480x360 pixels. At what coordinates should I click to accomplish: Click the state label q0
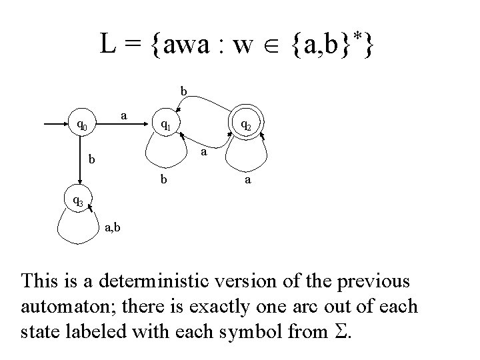(81, 124)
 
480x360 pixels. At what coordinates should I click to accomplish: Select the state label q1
(165, 124)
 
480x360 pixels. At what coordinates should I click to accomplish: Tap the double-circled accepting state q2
(245, 124)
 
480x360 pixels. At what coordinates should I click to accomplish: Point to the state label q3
(78, 199)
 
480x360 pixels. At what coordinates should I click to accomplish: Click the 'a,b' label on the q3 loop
(112, 229)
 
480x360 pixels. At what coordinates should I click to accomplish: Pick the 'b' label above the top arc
(184, 90)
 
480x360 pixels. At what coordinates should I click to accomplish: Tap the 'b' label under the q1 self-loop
(163, 180)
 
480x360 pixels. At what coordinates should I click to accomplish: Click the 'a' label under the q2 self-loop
(247, 180)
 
